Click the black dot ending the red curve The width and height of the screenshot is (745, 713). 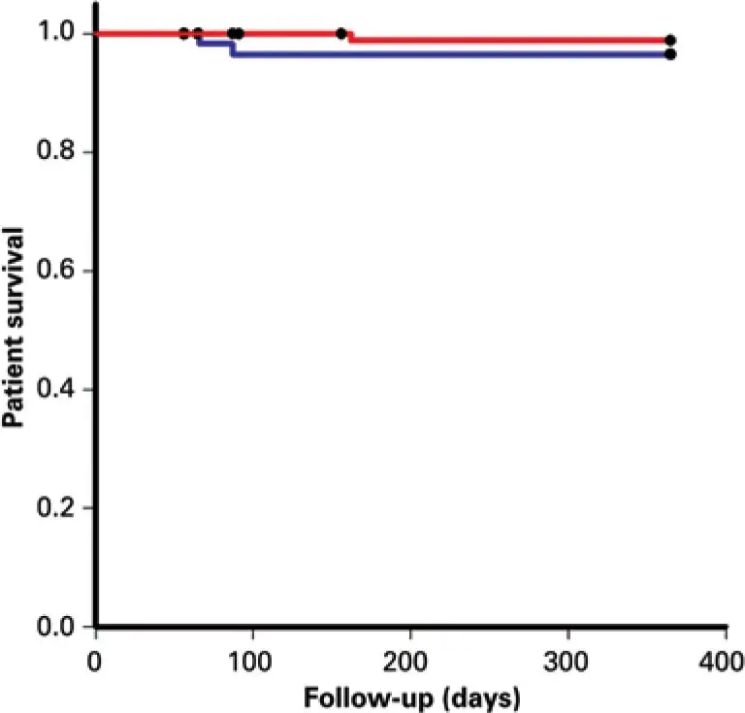tap(670, 41)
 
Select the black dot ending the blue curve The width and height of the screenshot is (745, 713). tap(670, 54)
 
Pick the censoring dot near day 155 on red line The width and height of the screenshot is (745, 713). tap(341, 34)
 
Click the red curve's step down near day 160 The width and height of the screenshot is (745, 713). tap(351, 37)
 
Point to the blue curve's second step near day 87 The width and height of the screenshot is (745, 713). tap(231, 49)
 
